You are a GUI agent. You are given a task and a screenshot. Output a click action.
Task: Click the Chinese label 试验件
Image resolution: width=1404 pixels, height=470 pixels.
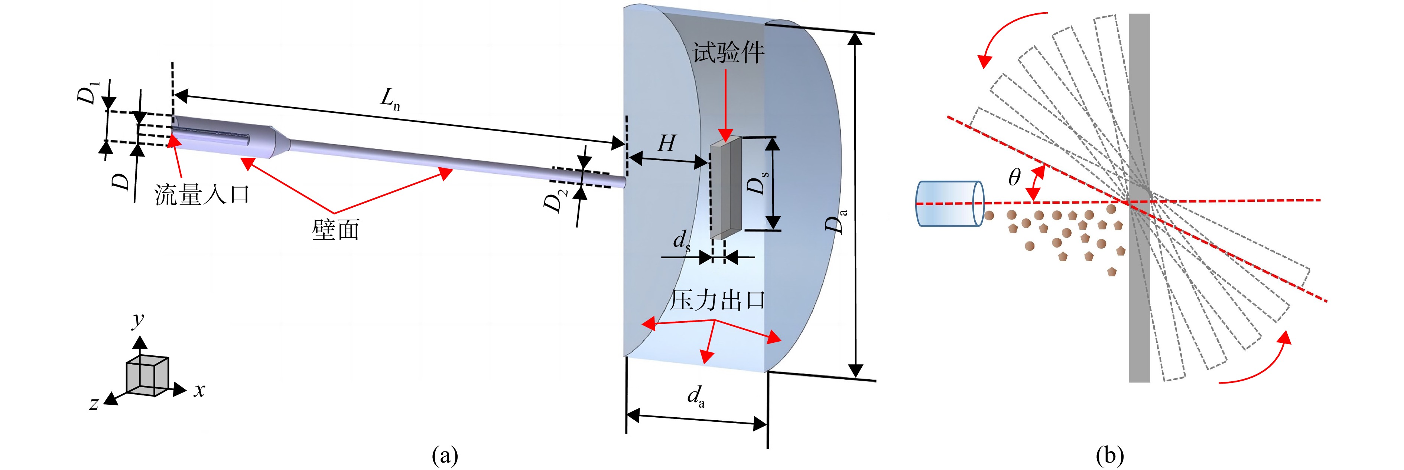coord(728,53)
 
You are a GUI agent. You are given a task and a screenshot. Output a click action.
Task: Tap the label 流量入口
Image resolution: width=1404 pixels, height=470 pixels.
coord(202,194)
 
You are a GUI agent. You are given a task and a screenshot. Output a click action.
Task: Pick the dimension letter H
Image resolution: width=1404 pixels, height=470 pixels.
coord(667,143)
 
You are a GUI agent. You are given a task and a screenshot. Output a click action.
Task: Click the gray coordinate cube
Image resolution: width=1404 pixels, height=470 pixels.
coord(147,375)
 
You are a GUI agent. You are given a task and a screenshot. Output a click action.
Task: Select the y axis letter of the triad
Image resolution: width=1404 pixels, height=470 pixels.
coord(139,320)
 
